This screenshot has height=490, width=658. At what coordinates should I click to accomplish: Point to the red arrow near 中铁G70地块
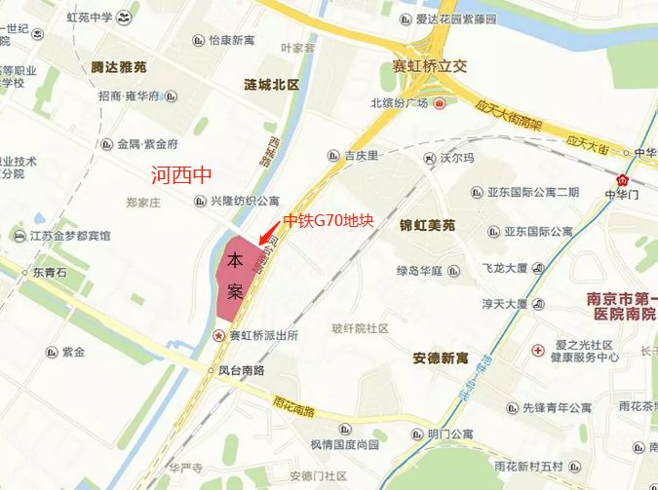(268, 235)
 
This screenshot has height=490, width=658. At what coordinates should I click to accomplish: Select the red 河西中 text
(181, 176)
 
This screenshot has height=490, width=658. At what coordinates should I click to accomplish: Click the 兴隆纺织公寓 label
(245, 201)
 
